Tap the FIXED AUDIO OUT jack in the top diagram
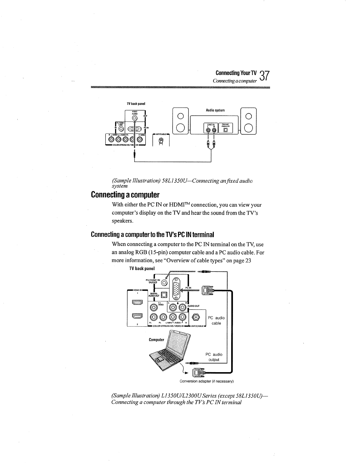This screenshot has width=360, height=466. coord(134,118)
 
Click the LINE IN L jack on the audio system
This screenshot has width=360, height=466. coord(209,130)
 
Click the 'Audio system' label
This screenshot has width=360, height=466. coord(215,110)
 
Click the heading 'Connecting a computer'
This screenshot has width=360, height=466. coord(125,195)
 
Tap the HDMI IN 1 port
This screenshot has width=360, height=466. coord(137,302)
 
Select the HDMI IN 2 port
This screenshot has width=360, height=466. coord(137,316)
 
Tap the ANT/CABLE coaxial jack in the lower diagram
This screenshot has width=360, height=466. coord(197,317)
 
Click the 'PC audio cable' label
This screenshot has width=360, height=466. coord(216,320)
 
